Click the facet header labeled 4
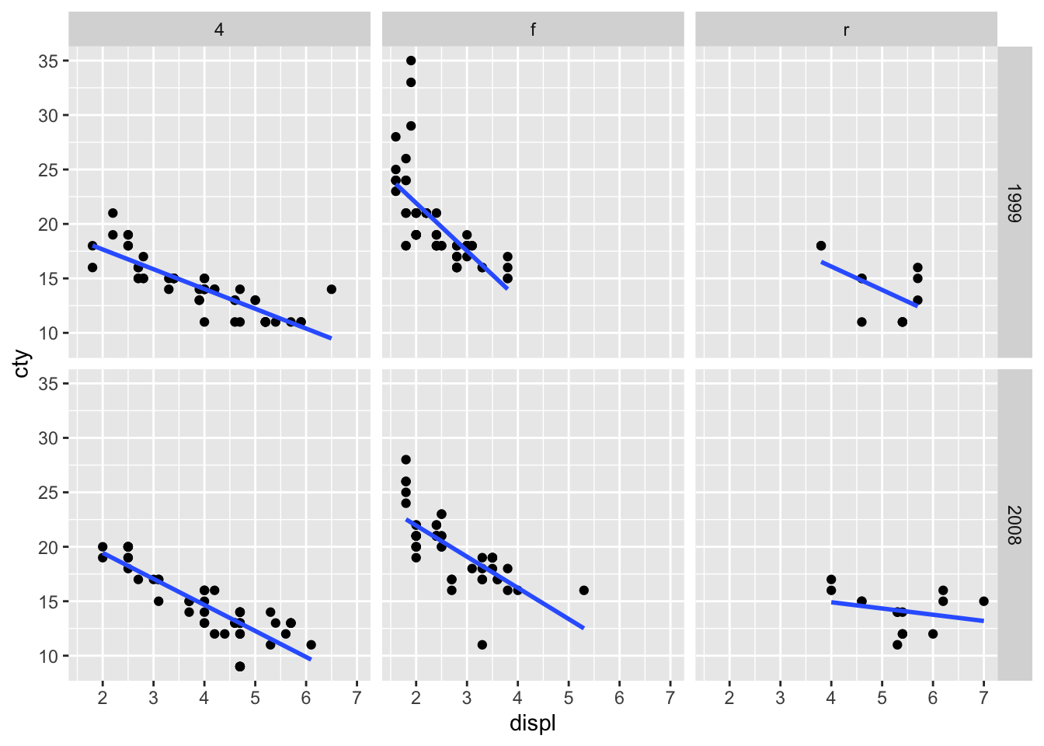pyautogui.click(x=219, y=30)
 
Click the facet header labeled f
pyautogui.click(x=533, y=30)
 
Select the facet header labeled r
pyautogui.click(x=846, y=30)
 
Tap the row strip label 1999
pyautogui.click(x=1014, y=204)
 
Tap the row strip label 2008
pyautogui.click(x=1014, y=525)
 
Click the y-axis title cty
pyautogui.click(x=23, y=364)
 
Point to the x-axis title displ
pyautogui.click(x=532, y=724)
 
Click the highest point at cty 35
pyautogui.click(x=411, y=61)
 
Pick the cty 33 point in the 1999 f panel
pyautogui.click(x=411, y=82)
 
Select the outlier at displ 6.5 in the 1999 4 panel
pyautogui.click(x=331, y=289)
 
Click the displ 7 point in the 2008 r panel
pyautogui.click(x=983, y=601)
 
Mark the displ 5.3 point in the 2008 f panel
pyautogui.click(x=583, y=590)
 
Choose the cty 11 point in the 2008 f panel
pyautogui.click(x=482, y=644)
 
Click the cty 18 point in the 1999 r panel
pyautogui.click(x=821, y=246)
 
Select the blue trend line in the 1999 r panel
pyautogui.click(x=870, y=284)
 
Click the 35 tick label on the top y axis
pyautogui.click(x=48, y=61)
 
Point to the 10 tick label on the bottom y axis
pyautogui.click(x=48, y=657)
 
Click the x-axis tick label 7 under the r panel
pyautogui.click(x=983, y=698)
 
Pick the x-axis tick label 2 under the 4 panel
pyautogui.click(x=103, y=698)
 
